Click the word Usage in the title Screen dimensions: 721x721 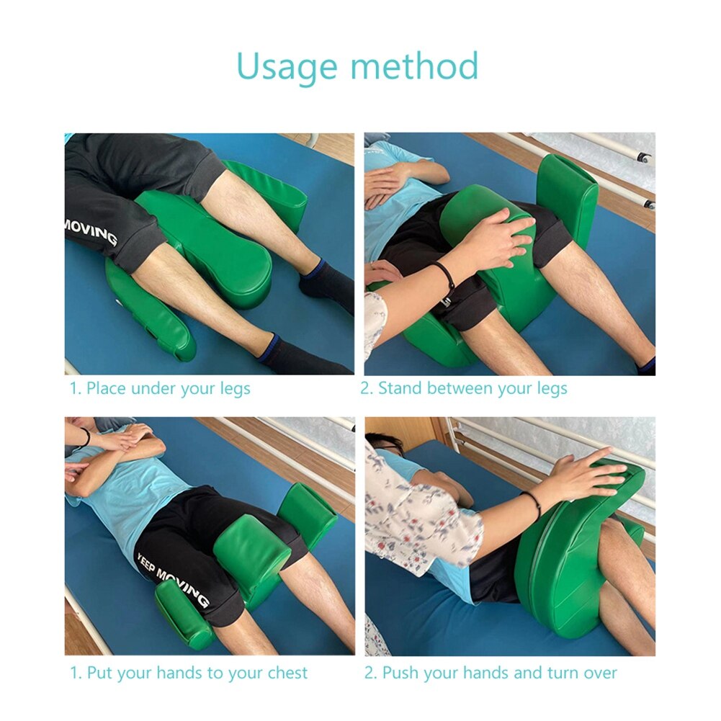287,66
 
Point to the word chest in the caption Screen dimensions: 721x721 287,673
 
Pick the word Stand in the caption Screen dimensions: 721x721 400,389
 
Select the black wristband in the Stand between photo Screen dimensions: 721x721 444,277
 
